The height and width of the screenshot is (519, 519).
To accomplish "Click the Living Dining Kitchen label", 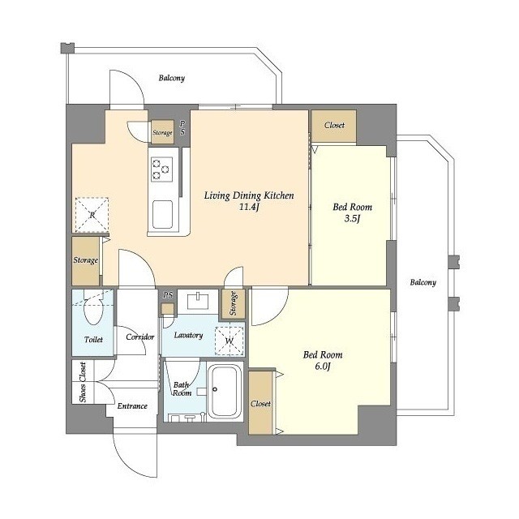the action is (249, 195).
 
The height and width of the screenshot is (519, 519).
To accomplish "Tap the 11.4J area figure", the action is (249, 208).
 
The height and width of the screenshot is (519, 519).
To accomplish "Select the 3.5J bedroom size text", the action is (352, 218).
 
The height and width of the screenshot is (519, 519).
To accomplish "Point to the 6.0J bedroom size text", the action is (323, 367).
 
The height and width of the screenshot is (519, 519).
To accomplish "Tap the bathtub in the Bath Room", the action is (224, 392).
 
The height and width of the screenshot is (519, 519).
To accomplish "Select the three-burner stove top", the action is (161, 169).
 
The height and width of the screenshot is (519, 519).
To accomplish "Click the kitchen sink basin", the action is (162, 214).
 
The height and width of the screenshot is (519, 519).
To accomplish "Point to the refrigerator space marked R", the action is (92, 214).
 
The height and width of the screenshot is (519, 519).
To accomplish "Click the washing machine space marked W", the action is (229, 341).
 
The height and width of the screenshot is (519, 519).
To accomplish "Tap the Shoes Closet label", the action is (83, 382).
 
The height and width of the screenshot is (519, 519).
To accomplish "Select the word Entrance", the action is (132, 406).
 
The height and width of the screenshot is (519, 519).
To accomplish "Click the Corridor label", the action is (140, 337).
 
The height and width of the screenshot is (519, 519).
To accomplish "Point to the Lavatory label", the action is (188, 335).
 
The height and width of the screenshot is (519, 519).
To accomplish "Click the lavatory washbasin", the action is (198, 301).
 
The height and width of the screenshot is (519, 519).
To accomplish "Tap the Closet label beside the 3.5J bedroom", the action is (334, 125).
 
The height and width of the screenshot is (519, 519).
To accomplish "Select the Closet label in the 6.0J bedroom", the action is (261, 404).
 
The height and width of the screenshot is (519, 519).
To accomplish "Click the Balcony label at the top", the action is (171, 78).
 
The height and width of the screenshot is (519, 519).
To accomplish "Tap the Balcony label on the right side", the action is (423, 282).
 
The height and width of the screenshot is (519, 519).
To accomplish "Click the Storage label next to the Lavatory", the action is (233, 303).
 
